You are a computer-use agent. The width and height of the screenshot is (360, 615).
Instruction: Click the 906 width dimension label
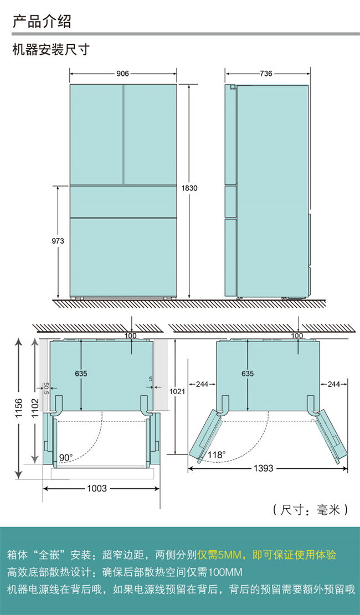[123, 73]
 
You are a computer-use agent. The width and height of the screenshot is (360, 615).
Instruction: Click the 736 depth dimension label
[266, 73]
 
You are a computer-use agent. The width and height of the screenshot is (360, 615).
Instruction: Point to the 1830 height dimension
[189, 188]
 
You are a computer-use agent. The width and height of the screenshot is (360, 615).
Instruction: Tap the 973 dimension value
[58, 241]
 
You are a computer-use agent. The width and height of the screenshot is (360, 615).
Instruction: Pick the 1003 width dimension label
[97, 488]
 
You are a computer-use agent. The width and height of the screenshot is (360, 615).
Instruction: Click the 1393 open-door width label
[264, 468]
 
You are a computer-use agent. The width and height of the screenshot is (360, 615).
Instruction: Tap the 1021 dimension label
[177, 391]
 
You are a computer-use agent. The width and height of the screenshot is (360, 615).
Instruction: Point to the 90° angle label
[66, 458]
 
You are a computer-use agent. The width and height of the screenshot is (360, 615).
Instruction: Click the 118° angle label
[217, 455]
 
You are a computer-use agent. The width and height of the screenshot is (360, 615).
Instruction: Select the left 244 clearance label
[202, 384]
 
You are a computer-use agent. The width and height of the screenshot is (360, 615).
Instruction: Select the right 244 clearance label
[334, 384]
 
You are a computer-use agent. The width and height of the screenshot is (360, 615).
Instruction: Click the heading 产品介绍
[42, 21]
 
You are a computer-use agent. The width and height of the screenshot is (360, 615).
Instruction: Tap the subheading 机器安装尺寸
[52, 50]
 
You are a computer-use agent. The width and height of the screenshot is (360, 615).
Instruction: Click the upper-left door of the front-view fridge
[96, 135]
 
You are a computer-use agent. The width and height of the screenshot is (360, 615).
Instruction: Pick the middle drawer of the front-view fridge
[124, 201]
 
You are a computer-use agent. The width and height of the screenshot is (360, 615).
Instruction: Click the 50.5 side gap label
[46, 388]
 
